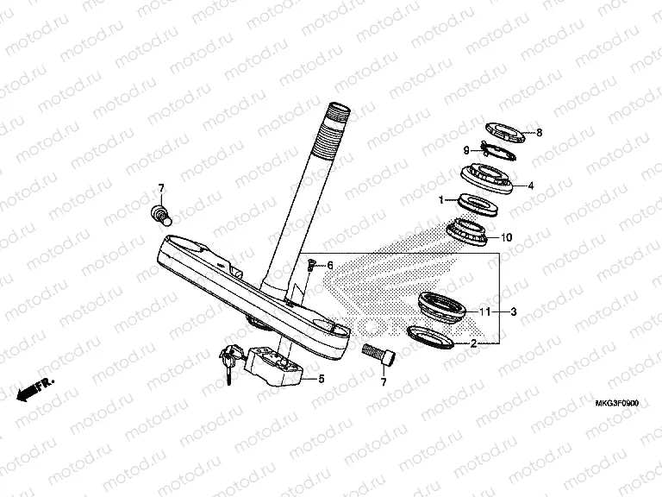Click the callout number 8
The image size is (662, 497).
[539, 133]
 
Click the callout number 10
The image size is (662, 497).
[507, 237]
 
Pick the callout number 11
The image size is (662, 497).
[485, 311]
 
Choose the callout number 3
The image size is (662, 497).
[514, 311]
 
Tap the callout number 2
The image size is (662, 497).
[472, 343]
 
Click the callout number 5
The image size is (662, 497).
[321, 378]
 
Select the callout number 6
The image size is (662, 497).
[328, 265]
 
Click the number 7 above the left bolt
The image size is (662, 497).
[159, 188]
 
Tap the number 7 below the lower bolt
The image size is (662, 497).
[384, 381]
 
